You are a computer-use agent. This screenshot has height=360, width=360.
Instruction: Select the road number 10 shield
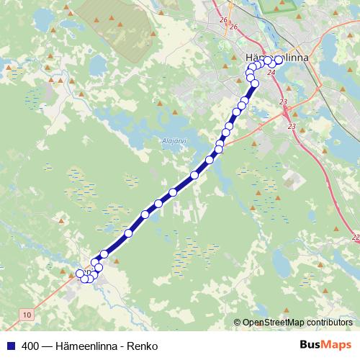(27, 315)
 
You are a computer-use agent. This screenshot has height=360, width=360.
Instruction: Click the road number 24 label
(271, 72)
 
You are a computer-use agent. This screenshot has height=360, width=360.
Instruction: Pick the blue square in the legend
(10, 346)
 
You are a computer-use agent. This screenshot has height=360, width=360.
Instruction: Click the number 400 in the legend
(30, 346)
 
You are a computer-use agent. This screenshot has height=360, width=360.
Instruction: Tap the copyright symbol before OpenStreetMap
(238, 323)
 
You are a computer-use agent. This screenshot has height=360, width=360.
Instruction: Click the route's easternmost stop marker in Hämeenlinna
(279, 60)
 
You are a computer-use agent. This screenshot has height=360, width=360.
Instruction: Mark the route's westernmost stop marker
(80, 274)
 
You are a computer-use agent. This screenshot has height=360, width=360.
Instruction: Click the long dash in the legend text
(48, 346)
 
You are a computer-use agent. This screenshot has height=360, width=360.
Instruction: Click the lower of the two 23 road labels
(292, 127)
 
